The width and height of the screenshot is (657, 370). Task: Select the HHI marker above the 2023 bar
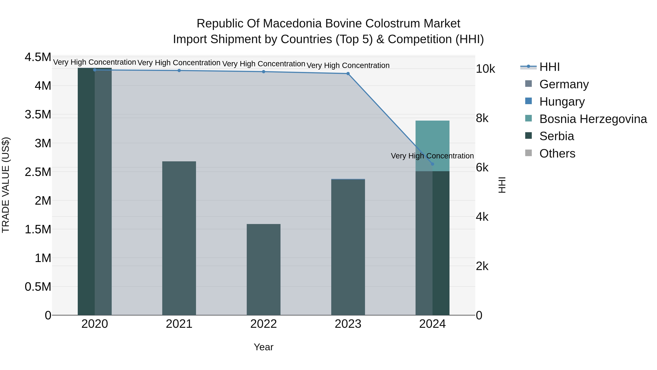tap(348, 73)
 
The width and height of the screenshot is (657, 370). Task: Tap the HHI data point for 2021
tap(179, 71)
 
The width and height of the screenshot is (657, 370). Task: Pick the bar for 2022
tap(264, 269)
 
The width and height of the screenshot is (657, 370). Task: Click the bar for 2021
tap(179, 238)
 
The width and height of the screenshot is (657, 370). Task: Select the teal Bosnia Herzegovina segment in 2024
tap(432, 146)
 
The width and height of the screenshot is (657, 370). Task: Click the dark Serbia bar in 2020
tap(86, 191)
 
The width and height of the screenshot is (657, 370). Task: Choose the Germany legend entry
tap(564, 84)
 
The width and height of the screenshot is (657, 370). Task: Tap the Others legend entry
tap(557, 153)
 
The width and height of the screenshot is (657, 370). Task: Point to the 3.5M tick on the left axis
tap(38, 114)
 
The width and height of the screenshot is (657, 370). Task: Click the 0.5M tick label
tap(38, 287)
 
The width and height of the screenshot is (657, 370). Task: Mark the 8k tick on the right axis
tap(482, 118)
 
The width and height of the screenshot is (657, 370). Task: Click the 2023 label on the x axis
tap(348, 324)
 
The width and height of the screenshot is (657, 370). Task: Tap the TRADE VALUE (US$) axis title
tap(6, 185)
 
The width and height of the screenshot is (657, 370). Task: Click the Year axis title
tap(264, 347)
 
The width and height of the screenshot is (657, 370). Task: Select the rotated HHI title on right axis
tap(502, 185)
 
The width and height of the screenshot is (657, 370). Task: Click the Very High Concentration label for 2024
tap(432, 156)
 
